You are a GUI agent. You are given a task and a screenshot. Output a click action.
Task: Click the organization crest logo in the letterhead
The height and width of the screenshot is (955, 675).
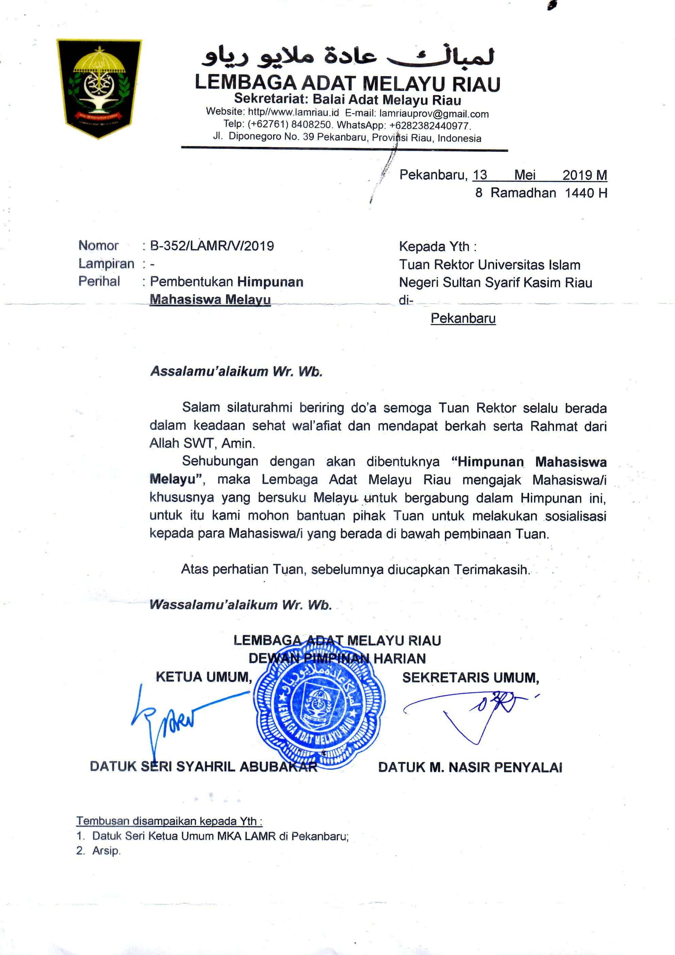tap(99, 88)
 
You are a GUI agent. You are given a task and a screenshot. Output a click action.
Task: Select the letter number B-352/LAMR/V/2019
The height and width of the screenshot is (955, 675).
tap(212, 246)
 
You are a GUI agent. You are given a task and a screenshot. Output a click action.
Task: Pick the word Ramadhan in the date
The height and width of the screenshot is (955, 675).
tap(523, 193)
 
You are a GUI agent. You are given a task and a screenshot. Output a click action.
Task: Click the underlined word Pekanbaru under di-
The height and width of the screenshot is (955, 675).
tap(463, 318)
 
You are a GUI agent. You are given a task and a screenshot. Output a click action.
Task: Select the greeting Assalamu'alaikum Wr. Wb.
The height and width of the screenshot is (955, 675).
tap(236, 372)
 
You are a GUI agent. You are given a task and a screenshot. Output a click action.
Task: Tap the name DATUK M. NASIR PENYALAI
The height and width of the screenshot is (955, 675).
tap(470, 768)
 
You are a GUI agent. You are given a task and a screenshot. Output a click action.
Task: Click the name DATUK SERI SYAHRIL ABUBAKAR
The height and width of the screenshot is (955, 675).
tap(203, 767)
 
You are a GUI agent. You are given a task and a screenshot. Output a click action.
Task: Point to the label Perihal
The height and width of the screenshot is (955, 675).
tap(99, 282)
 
